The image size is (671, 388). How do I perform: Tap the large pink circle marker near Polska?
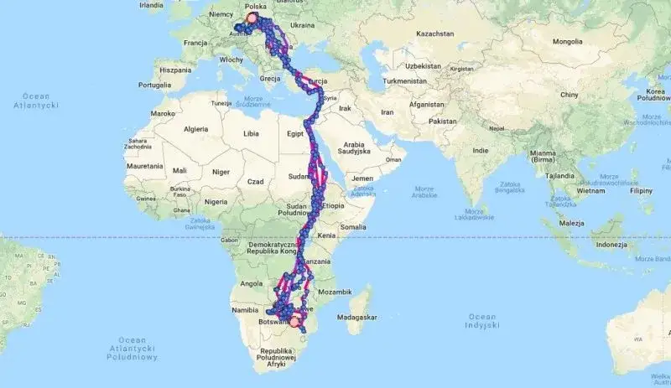252,18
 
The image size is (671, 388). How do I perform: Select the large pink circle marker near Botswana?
294,319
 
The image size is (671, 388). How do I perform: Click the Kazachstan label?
431,34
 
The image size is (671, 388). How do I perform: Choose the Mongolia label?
566,40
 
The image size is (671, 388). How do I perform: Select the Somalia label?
354,226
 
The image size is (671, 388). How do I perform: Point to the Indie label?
481,151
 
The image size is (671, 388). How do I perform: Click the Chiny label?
570,96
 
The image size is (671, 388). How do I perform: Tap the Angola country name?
252,284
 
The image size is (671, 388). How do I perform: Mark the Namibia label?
247,311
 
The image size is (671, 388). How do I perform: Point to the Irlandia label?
151,5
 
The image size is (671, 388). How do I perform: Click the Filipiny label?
642,190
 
